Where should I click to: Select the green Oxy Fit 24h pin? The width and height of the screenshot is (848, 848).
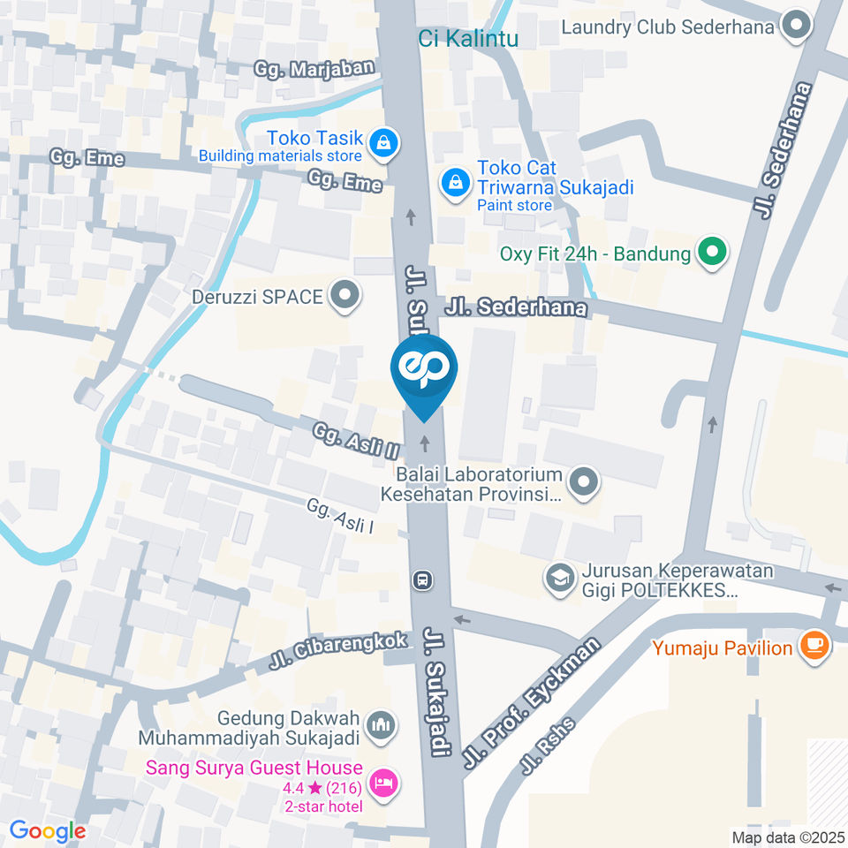tap(711, 254)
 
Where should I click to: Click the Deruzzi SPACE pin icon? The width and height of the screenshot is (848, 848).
tap(344, 296)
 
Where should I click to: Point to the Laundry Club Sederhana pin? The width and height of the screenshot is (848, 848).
tap(797, 26)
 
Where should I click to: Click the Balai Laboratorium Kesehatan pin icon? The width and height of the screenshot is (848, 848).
tap(583, 482)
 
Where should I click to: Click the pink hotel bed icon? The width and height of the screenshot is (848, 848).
tap(383, 781)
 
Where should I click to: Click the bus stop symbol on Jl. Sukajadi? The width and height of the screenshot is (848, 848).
tap(422, 579)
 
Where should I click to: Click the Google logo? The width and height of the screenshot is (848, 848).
tap(48, 830)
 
